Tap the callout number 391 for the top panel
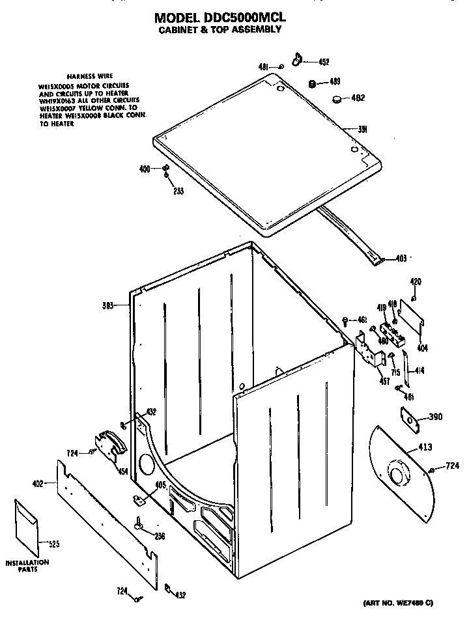pos(362,129)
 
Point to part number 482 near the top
pos(358,98)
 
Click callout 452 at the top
pos(323,63)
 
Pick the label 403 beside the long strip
pos(401,259)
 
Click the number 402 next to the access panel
pos(38,483)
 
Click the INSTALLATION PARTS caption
pos(27,566)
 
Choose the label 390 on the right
pos(434,417)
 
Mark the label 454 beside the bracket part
pos(121,471)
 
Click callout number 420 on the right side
pos(415,282)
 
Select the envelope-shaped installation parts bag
pos(26,525)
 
